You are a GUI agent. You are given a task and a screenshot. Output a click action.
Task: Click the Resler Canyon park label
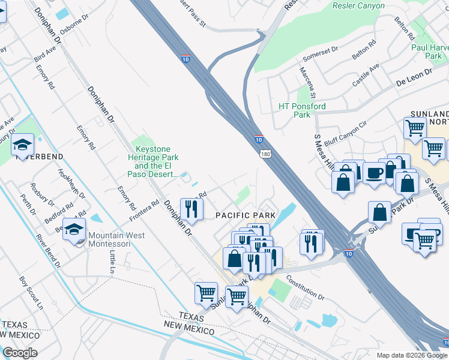pos(358,6)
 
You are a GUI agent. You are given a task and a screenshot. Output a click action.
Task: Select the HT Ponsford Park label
pos(302,111)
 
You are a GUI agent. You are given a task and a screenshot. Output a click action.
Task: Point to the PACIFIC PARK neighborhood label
pos(245,215)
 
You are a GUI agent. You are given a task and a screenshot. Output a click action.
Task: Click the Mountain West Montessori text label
pos(116,235)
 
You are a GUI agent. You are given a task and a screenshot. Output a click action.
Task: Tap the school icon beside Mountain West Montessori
pos(74,230)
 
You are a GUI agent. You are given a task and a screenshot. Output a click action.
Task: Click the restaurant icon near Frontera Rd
pos(191,208)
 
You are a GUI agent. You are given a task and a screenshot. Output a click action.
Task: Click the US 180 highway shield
pos(264,155)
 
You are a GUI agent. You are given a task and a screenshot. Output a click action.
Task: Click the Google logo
pos(20,353)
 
